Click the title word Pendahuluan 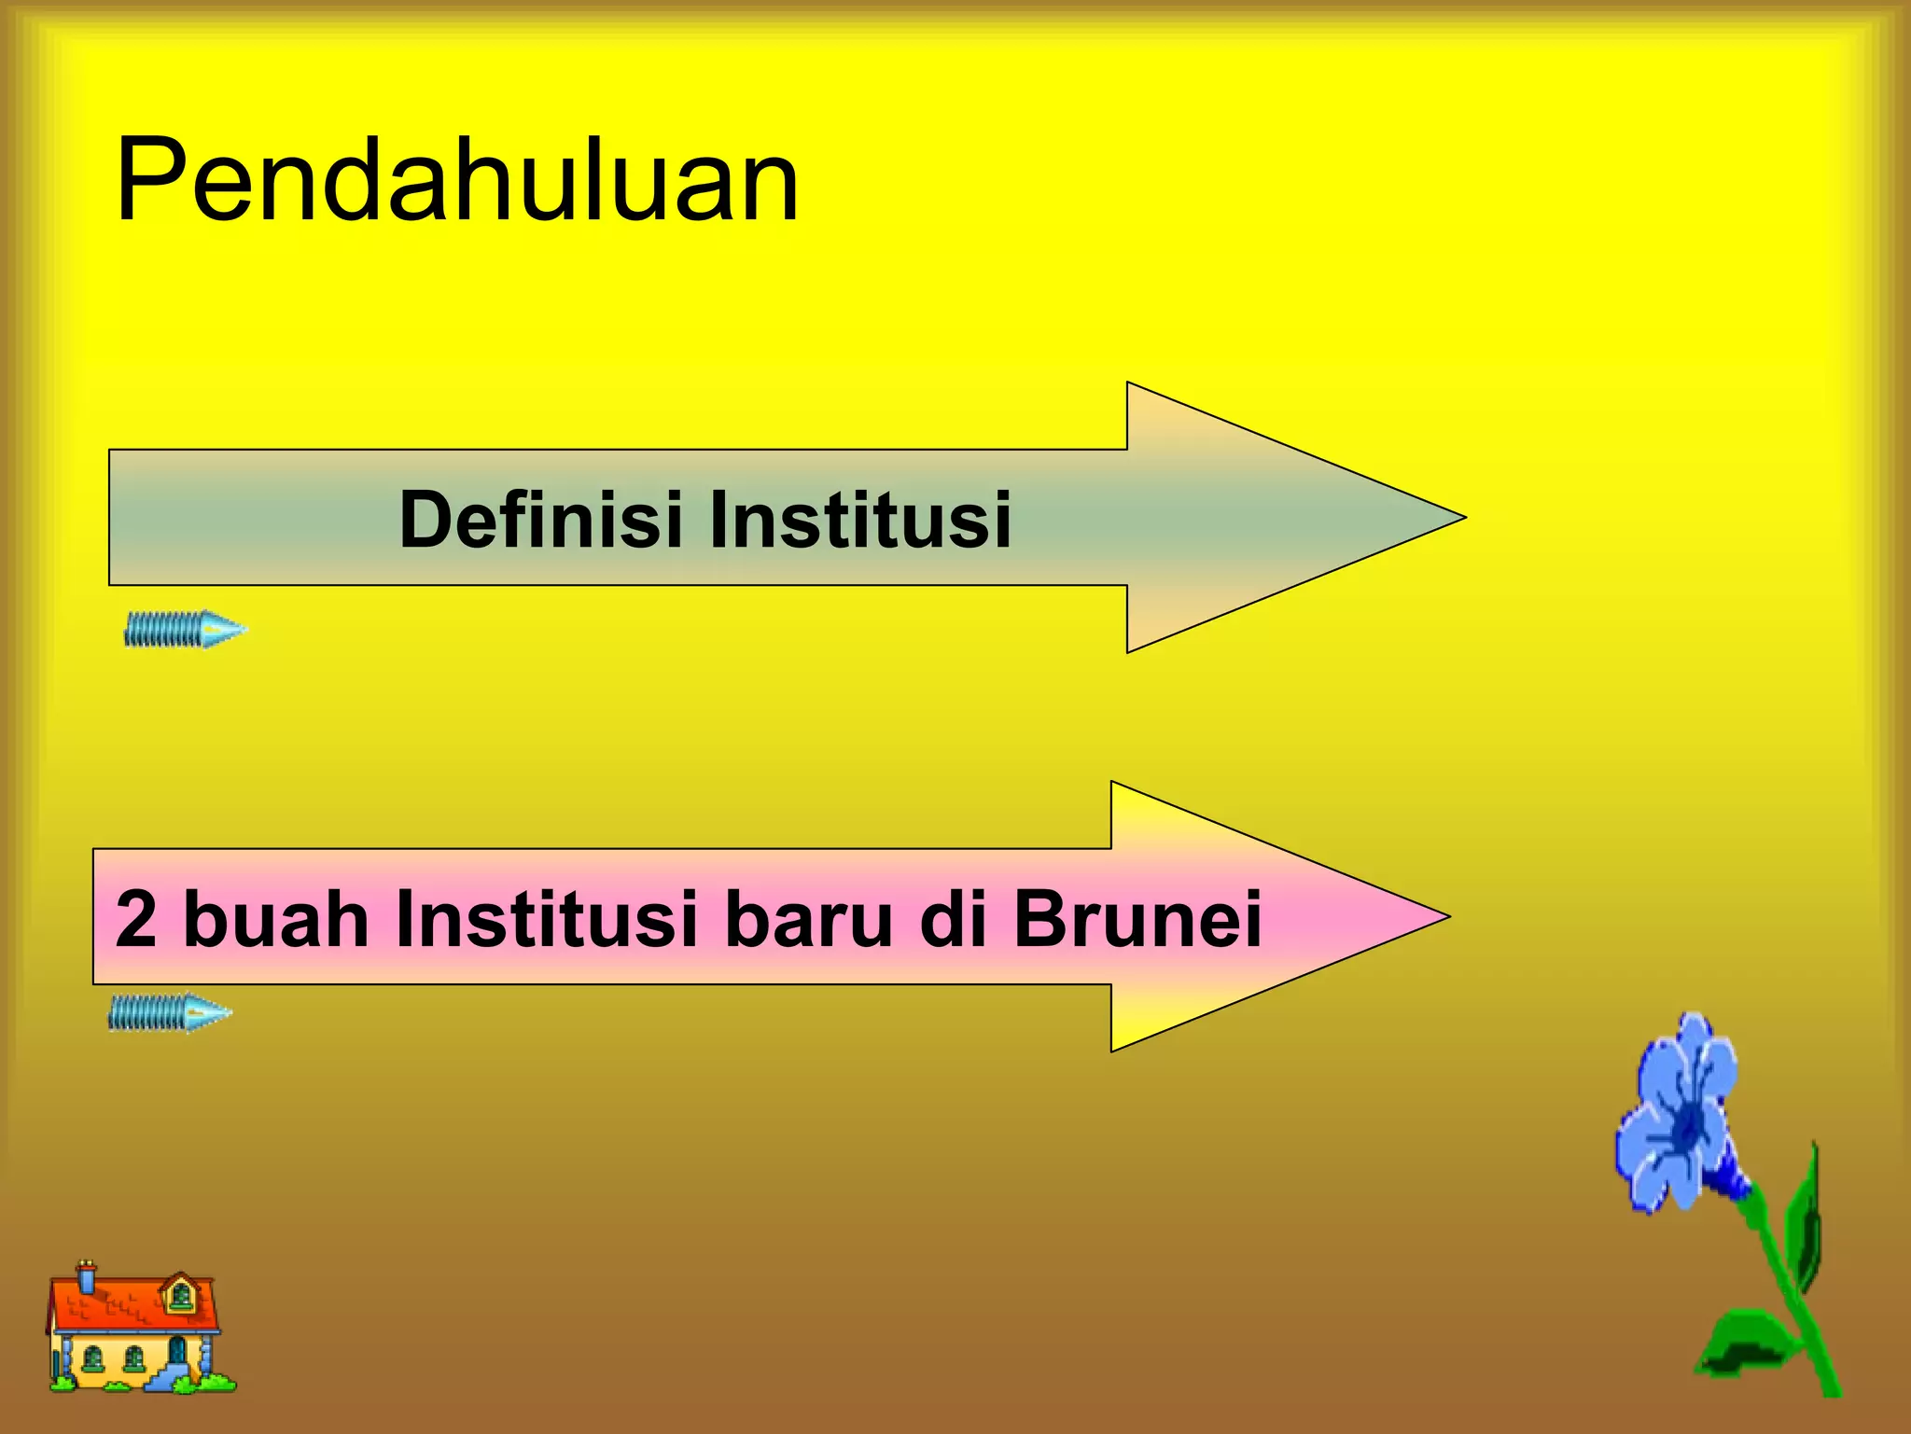tap(457, 179)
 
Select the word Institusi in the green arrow tap(859, 519)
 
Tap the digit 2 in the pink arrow tap(136, 919)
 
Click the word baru tap(808, 919)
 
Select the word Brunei tap(1137, 919)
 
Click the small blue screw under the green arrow tap(185, 630)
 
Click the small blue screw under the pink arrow tap(169, 1012)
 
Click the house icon tap(138, 1330)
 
